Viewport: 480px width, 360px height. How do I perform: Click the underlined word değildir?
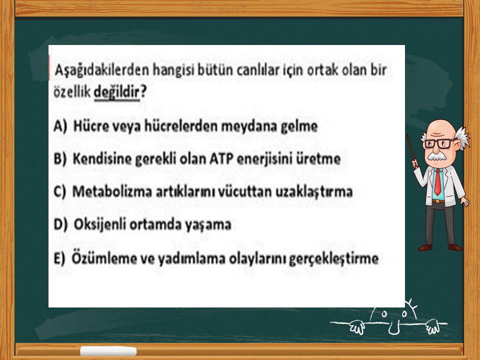(x=116, y=92)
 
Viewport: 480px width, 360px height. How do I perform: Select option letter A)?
(x=60, y=126)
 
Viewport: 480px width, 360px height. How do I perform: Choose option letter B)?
(x=59, y=159)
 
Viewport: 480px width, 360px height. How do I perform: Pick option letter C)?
(x=59, y=191)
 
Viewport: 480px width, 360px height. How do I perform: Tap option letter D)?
(x=60, y=224)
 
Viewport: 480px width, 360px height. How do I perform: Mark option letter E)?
(x=59, y=258)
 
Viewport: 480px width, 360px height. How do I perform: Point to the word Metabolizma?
(x=112, y=191)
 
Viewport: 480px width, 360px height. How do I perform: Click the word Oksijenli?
(x=100, y=224)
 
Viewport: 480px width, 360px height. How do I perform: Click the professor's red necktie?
(x=438, y=182)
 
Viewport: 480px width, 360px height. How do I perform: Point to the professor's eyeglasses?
(x=439, y=143)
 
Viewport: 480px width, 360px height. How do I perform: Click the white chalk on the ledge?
(x=108, y=351)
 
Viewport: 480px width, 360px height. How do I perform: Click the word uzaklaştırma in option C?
(x=314, y=192)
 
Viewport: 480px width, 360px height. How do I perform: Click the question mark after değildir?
(x=143, y=91)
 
